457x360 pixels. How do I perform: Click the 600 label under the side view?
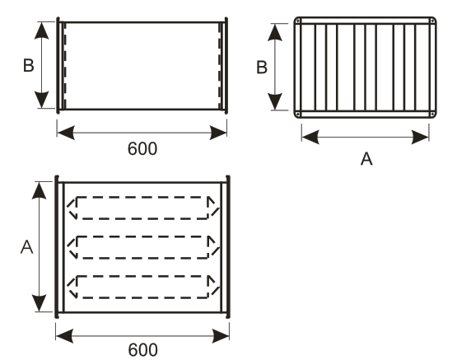point(142,148)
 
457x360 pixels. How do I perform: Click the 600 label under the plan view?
point(142,350)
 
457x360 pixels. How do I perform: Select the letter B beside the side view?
point(29,66)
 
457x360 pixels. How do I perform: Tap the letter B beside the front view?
point(262,68)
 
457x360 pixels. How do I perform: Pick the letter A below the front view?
point(366,159)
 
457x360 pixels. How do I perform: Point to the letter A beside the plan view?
point(27,247)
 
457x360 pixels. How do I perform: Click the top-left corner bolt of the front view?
point(298,21)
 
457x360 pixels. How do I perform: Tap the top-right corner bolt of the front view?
point(432,21)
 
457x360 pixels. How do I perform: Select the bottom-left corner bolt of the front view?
point(298,114)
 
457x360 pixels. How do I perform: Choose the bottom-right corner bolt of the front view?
point(432,114)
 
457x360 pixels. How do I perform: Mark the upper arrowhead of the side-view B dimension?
point(42,30)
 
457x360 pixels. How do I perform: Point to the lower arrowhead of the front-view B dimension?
point(275,101)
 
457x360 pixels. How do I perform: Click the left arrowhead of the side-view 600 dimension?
point(66,133)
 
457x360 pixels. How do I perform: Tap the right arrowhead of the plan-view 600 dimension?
point(221,336)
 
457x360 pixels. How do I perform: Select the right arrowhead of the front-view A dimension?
point(420,137)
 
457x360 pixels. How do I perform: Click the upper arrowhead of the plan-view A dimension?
point(39,190)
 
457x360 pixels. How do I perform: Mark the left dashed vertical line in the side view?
point(65,66)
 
